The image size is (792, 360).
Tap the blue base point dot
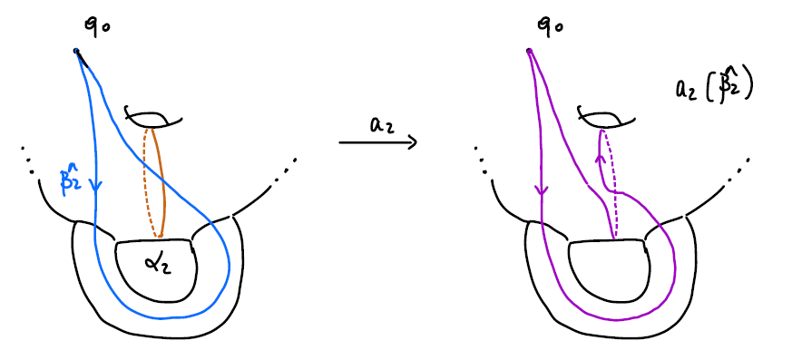click(77, 50)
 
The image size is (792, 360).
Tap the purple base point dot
click(528, 51)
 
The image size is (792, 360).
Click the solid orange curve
click(163, 181)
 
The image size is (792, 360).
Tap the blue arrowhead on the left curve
click(97, 188)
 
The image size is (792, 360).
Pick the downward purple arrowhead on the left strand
click(540, 191)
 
